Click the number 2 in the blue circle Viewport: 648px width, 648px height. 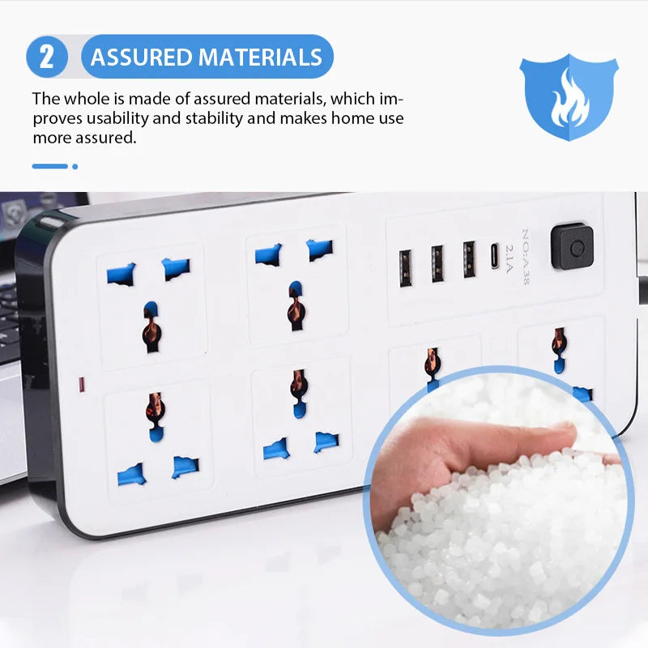coord(47,57)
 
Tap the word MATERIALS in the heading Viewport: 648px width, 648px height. coord(260,58)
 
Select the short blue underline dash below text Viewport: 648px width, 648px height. coord(49,166)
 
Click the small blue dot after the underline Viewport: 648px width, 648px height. coord(75,166)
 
